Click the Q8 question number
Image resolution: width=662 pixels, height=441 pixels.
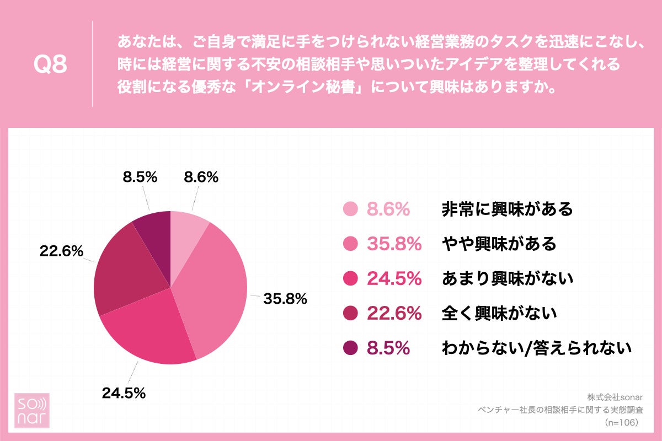point(50,64)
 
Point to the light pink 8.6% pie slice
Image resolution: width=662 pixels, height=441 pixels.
point(185,232)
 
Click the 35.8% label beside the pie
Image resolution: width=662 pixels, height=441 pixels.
point(285,299)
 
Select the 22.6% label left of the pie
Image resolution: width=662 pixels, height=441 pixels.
point(61,251)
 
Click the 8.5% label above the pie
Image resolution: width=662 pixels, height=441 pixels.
point(140,177)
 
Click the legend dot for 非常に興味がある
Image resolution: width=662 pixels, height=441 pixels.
point(351,209)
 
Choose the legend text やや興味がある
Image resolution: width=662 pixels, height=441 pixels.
point(499,244)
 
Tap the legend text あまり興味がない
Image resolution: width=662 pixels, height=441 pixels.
point(508,279)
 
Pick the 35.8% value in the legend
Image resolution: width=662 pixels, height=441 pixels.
point(394,244)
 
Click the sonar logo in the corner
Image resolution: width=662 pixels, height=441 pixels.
point(31,410)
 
